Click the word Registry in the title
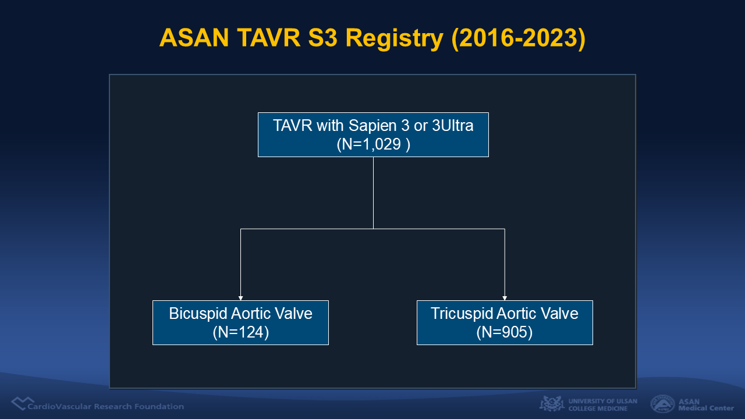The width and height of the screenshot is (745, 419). (394, 39)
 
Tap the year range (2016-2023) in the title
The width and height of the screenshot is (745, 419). (518, 38)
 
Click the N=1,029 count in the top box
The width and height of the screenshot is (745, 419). (373, 144)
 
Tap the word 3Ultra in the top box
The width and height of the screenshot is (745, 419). (452, 125)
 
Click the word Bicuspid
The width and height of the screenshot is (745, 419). (198, 314)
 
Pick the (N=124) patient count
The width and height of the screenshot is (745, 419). (241, 332)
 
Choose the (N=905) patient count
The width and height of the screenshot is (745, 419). (505, 332)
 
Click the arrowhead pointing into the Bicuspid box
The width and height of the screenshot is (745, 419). (240, 298)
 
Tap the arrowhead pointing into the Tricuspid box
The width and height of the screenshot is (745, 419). (505, 298)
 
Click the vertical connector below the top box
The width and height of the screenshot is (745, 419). (373, 193)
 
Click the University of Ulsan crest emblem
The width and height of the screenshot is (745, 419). (552, 404)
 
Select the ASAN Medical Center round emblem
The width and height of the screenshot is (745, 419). (662, 404)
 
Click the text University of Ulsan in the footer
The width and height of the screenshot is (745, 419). (602, 401)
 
